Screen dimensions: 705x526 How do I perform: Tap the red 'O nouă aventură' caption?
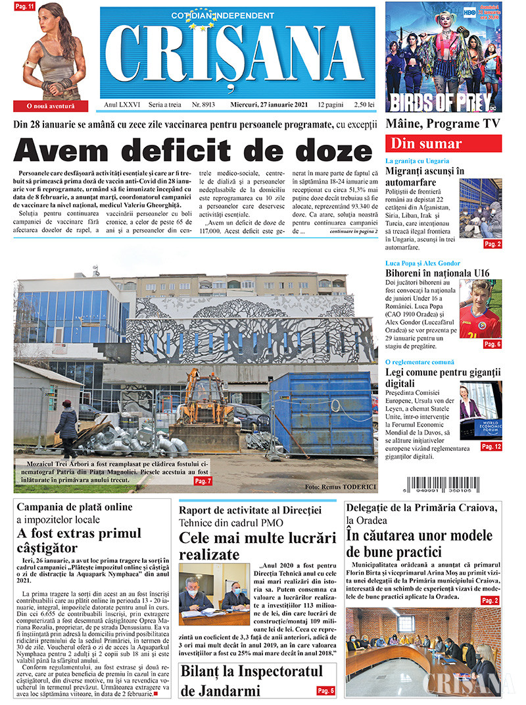point(51,105)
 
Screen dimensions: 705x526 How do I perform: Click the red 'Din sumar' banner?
point(443,144)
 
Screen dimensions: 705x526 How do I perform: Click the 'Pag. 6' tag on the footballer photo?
point(492,344)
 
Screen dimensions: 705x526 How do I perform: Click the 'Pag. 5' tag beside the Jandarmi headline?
point(325,691)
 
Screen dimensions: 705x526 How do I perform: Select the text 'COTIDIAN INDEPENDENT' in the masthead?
point(214,15)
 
